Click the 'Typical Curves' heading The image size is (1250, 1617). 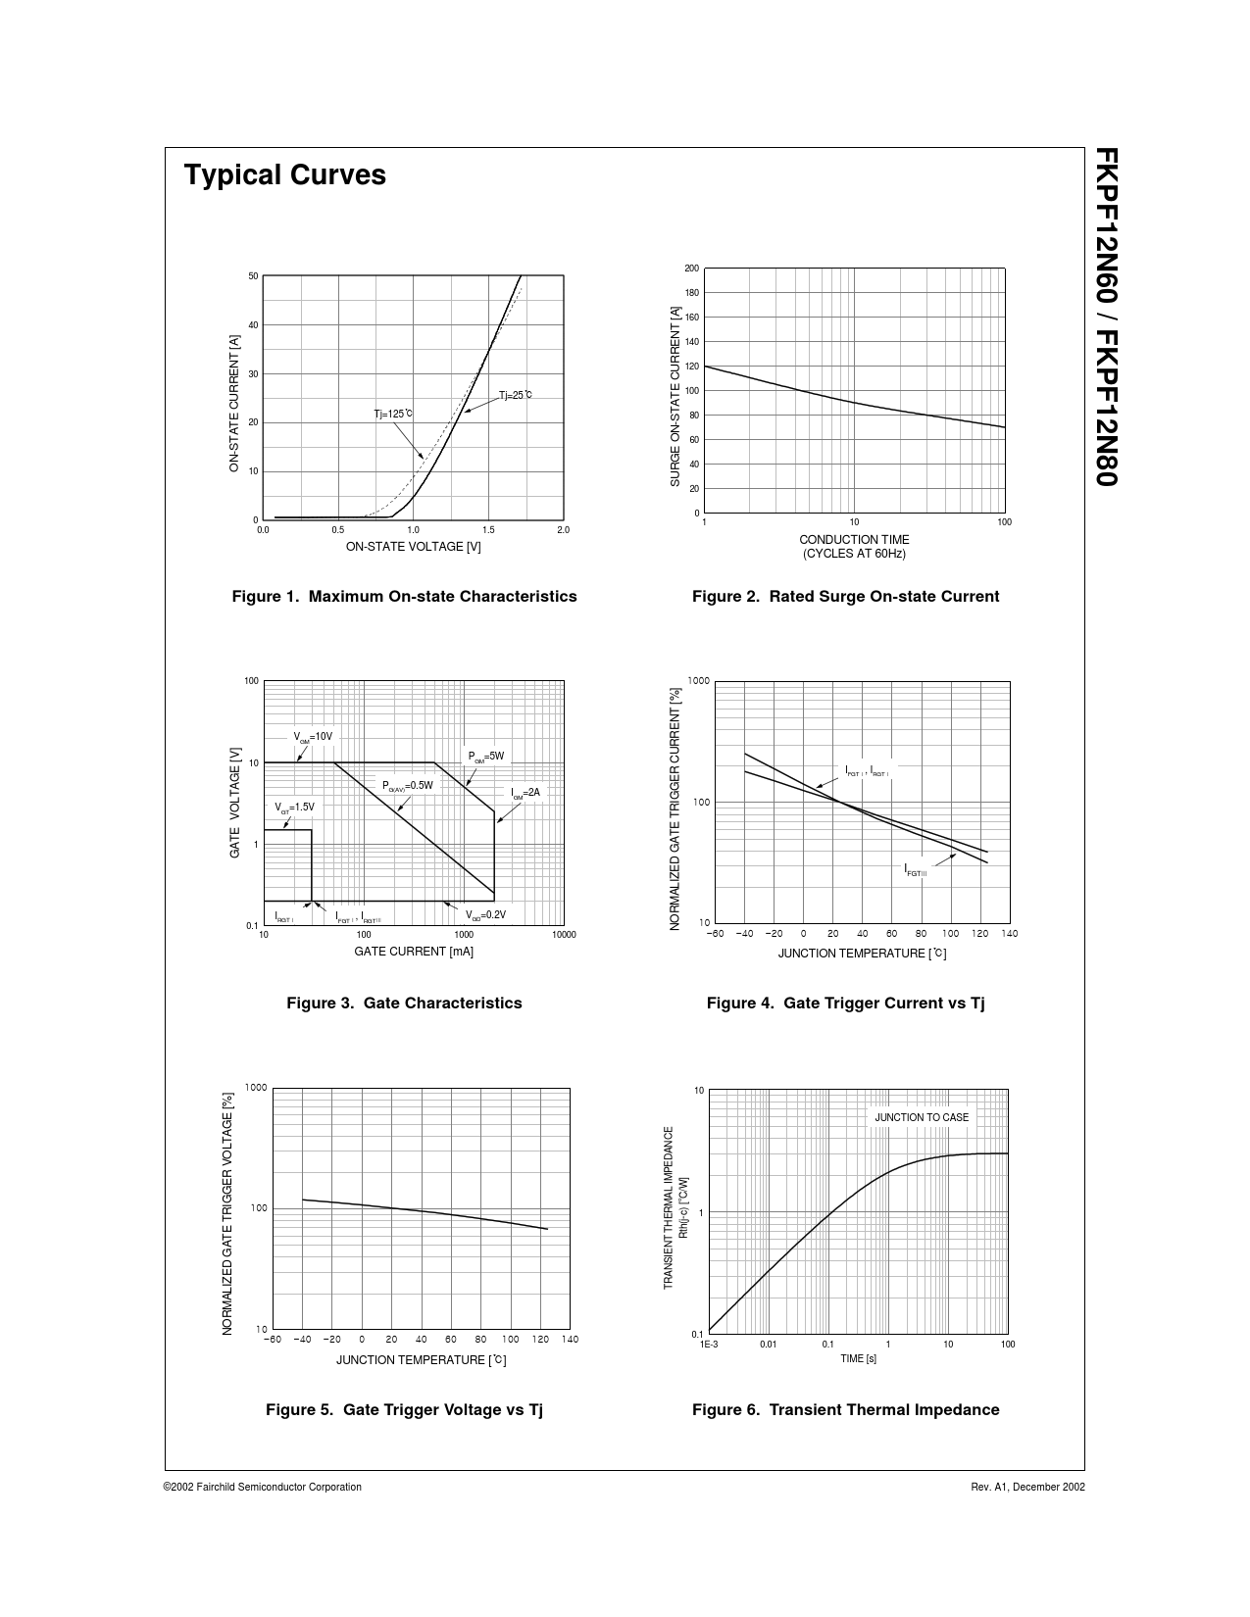284,175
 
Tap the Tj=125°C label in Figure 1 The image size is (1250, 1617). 392,414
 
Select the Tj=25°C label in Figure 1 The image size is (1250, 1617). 515,395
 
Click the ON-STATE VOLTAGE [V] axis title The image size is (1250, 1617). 413,547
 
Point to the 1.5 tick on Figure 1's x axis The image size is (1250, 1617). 488,530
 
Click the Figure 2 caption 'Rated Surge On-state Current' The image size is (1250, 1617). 845,596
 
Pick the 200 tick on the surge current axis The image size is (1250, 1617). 691,269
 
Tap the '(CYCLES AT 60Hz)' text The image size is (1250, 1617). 854,554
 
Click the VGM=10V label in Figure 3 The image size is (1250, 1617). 313,737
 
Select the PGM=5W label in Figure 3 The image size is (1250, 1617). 485,757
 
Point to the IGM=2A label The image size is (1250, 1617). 525,793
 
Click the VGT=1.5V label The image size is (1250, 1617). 294,808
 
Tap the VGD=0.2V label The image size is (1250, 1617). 485,915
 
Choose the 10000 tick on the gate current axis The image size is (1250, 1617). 563,935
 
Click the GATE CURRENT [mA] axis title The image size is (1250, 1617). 414,952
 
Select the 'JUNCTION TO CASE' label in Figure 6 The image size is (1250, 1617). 922,1117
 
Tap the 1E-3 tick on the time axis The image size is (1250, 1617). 709,1345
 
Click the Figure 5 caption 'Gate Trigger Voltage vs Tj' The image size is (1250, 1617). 404,1409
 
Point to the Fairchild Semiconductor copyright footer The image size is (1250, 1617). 263,1487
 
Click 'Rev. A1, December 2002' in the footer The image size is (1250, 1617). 1027,1487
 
